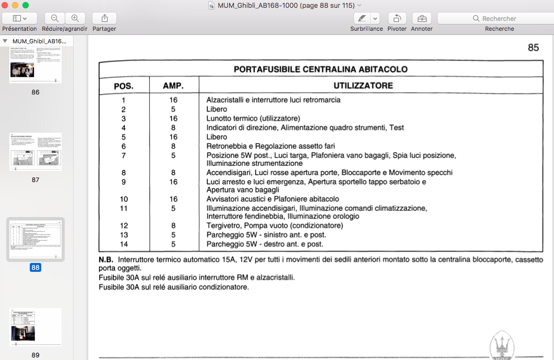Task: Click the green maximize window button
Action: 26,5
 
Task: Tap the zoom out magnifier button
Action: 55,18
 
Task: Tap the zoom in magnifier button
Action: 75,18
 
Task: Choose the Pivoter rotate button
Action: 397,18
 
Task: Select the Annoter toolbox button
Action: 421,18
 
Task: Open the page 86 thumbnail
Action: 36,65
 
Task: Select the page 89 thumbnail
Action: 36,328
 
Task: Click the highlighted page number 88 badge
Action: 36,268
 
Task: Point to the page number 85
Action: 533,47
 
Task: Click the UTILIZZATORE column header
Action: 363,86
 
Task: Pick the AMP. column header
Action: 173,86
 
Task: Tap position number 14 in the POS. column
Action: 124,244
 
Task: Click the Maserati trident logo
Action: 502,346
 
